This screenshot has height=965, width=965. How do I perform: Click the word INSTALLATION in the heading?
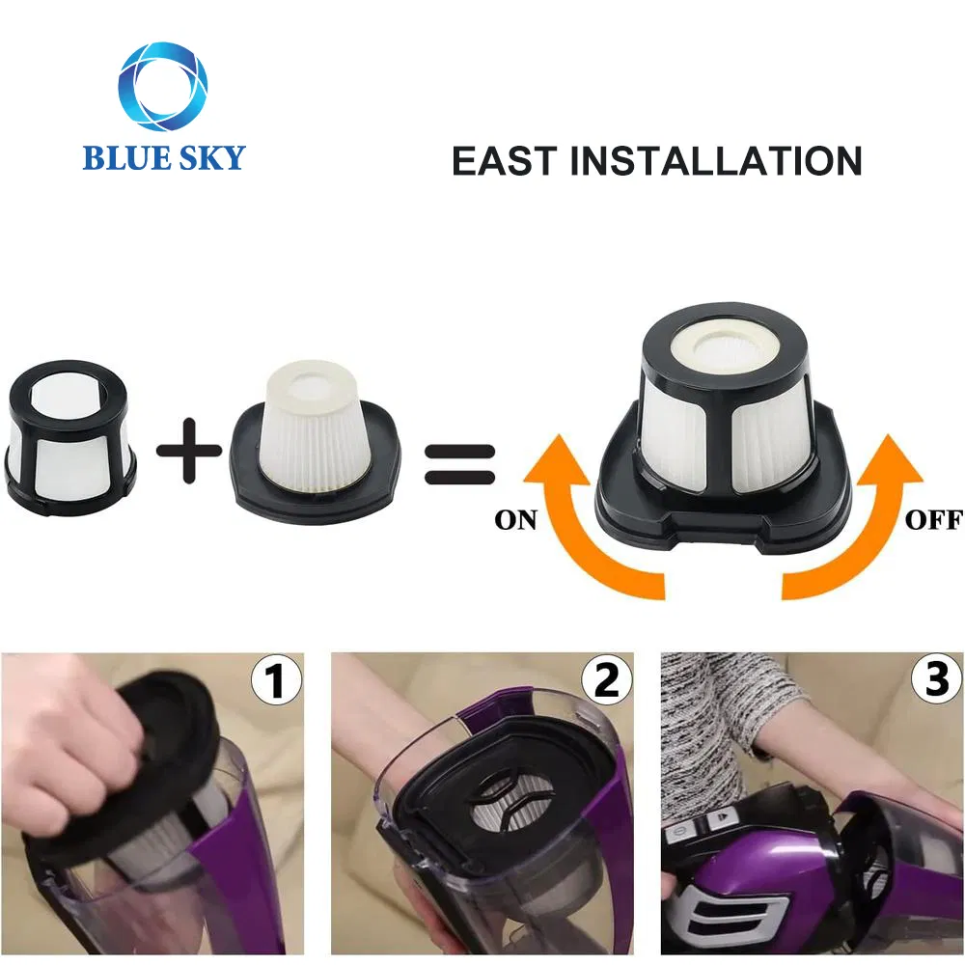point(716,161)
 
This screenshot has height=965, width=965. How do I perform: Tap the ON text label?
point(515,520)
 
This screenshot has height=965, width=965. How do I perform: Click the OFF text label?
point(933,520)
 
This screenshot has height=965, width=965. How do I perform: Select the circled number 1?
point(275,682)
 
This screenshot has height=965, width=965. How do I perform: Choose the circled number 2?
point(606,682)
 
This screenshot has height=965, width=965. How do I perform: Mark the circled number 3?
point(936,682)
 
